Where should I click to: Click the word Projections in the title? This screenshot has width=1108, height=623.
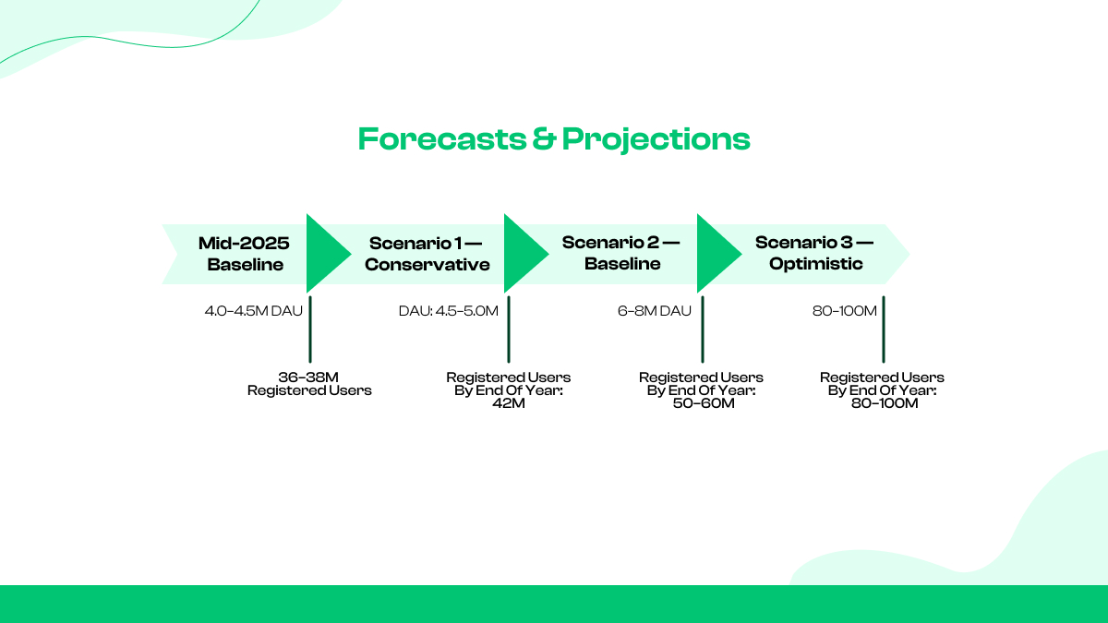click(x=656, y=139)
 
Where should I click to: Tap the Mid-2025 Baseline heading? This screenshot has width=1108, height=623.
click(x=245, y=254)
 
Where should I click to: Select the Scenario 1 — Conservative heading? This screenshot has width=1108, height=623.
click(x=427, y=254)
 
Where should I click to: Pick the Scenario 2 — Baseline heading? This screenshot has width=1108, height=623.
click(x=621, y=254)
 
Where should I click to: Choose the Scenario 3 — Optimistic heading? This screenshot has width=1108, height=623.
click(x=813, y=254)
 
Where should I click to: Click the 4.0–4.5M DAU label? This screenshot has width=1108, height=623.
click(x=253, y=311)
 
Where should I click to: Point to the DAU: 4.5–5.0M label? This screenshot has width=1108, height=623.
click(x=448, y=311)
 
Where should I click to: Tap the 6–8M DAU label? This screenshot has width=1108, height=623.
click(x=654, y=311)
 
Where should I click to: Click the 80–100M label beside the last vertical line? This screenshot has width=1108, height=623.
click(x=844, y=311)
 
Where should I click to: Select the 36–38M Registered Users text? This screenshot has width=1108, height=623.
click(x=309, y=384)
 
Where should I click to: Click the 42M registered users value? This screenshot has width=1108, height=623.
click(x=509, y=404)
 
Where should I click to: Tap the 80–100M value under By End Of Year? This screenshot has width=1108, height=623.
click(x=884, y=404)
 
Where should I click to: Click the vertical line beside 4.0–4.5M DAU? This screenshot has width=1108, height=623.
click(x=309, y=329)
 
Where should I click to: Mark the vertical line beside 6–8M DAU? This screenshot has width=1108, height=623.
click(x=703, y=329)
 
